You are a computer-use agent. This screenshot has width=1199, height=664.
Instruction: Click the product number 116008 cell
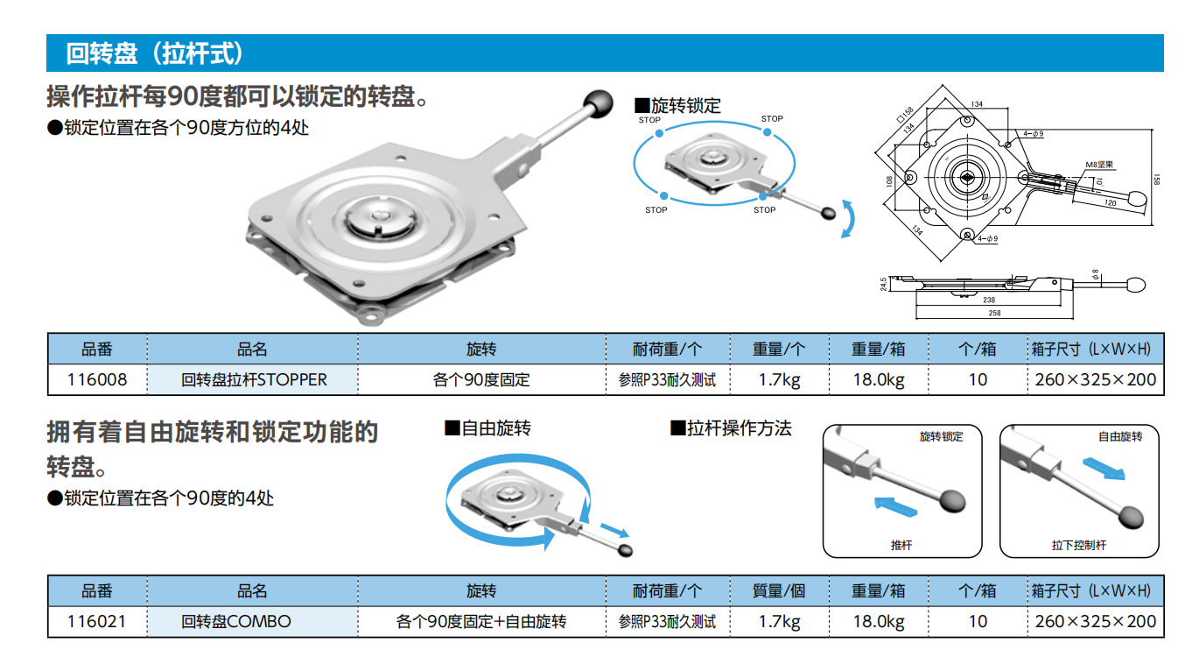pyautogui.click(x=97, y=379)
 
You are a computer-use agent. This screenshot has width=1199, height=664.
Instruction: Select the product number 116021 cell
pyautogui.click(x=97, y=621)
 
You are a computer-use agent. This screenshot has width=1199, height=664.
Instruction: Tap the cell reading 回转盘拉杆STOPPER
pyautogui.click(x=253, y=379)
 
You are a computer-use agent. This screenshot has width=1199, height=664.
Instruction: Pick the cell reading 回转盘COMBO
pyautogui.click(x=253, y=621)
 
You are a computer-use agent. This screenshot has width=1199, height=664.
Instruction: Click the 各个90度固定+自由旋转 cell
pyautogui.click(x=481, y=621)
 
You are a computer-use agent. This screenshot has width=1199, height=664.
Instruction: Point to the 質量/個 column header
pyautogui.click(x=779, y=590)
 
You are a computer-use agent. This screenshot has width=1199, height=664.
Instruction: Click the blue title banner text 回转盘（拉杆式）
pyautogui.click(x=155, y=53)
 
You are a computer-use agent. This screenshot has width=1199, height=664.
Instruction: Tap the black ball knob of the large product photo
pyautogui.click(x=598, y=103)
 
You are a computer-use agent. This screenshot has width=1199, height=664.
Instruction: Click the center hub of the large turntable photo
pyautogui.click(x=381, y=217)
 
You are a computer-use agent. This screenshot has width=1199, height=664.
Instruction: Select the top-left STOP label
pyautogui.click(x=649, y=120)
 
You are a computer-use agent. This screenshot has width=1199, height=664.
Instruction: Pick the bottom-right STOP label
pyautogui.click(x=764, y=210)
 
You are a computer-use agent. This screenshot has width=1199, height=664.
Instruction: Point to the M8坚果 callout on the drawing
pyautogui.click(x=1099, y=165)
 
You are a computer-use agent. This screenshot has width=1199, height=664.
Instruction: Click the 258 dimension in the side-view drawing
pyautogui.click(x=994, y=313)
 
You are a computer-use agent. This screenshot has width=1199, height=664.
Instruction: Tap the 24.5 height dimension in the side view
pyautogui.click(x=883, y=284)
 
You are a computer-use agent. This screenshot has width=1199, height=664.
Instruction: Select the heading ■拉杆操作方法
pyautogui.click(x=731, y=428)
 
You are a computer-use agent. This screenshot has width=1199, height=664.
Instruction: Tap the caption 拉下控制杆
pyautogui.click(x=1078, y=545)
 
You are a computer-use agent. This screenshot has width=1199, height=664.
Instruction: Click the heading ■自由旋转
pyautogui.click(x=487, y=428)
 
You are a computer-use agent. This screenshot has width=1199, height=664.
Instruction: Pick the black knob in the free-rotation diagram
pyautogui.click(x=625, y=550)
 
